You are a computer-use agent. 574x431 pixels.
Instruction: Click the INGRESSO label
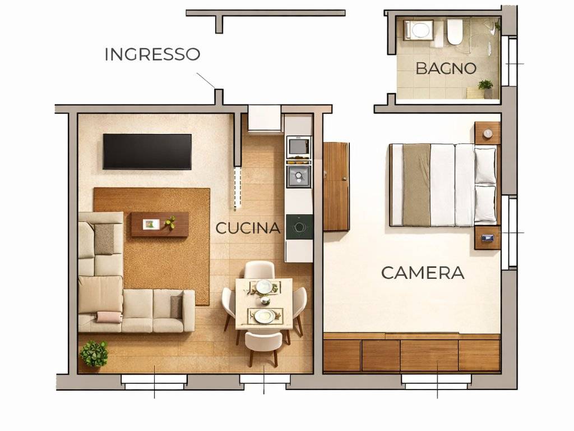[152, 54]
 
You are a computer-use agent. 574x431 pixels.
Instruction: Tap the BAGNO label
[446, 68]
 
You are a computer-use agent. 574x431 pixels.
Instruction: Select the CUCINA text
[248, 228]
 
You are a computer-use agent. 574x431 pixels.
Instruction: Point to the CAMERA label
[423, 273]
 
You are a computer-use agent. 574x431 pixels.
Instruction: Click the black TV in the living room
[147, 152]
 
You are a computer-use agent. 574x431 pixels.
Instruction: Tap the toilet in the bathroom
[455, 32]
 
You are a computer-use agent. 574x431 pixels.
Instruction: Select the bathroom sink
[419, 30]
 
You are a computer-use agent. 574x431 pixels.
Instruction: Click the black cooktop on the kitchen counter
[299, 227]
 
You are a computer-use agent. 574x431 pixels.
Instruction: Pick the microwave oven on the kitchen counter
[299, 146]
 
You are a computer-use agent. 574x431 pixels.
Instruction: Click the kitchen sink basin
[299, 176]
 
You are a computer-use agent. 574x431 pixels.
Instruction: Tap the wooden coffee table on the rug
[160, 224]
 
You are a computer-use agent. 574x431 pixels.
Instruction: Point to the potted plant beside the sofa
[94, 354]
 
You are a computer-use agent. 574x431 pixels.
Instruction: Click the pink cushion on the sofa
[109, 317]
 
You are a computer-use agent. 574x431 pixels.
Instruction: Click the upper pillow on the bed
[485, 166]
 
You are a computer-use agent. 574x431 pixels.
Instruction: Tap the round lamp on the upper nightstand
[488, 134]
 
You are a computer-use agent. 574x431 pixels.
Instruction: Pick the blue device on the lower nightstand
[488, 238]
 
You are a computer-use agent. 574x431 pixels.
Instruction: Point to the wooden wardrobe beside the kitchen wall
[336, 186]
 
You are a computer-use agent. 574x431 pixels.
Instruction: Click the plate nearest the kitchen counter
[263, 286]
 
